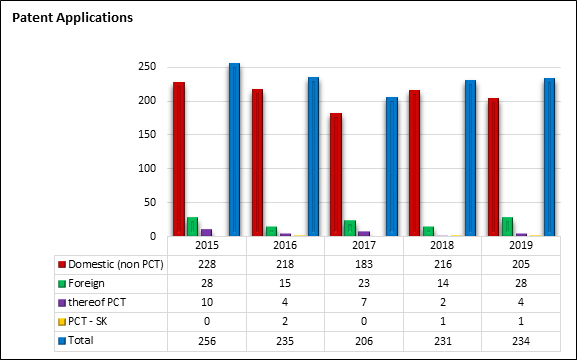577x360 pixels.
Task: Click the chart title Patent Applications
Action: coord(72,18)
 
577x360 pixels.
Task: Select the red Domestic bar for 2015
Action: coord(179,159)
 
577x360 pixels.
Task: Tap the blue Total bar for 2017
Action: coord(392,166)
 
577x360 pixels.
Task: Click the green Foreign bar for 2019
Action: coord(507,226)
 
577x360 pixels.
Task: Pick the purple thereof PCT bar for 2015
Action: coord(206,232)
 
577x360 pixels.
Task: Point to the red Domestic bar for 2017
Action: coord(336,174)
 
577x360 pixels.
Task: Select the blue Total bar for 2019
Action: coord(549,157)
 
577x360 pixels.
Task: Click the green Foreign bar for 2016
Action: coord(271,231)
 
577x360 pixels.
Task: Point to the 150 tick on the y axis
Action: coord(147,134)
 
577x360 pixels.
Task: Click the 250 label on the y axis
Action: coord(147,67)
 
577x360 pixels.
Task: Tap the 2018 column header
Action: coord(442,245)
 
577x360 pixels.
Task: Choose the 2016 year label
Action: coord(285,245)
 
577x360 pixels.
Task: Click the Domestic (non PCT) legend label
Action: coord(116,264)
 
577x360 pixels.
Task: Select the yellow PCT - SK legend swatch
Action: coord(62,322)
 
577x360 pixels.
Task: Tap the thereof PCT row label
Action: coord(97,302)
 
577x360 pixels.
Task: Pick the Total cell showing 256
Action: coord(207,341)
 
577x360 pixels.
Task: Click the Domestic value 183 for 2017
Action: coord(364,264)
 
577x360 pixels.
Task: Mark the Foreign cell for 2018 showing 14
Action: coord(442,283)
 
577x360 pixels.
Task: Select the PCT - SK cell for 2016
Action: coord(285,321)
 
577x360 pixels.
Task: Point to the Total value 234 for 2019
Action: coord(521,341)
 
